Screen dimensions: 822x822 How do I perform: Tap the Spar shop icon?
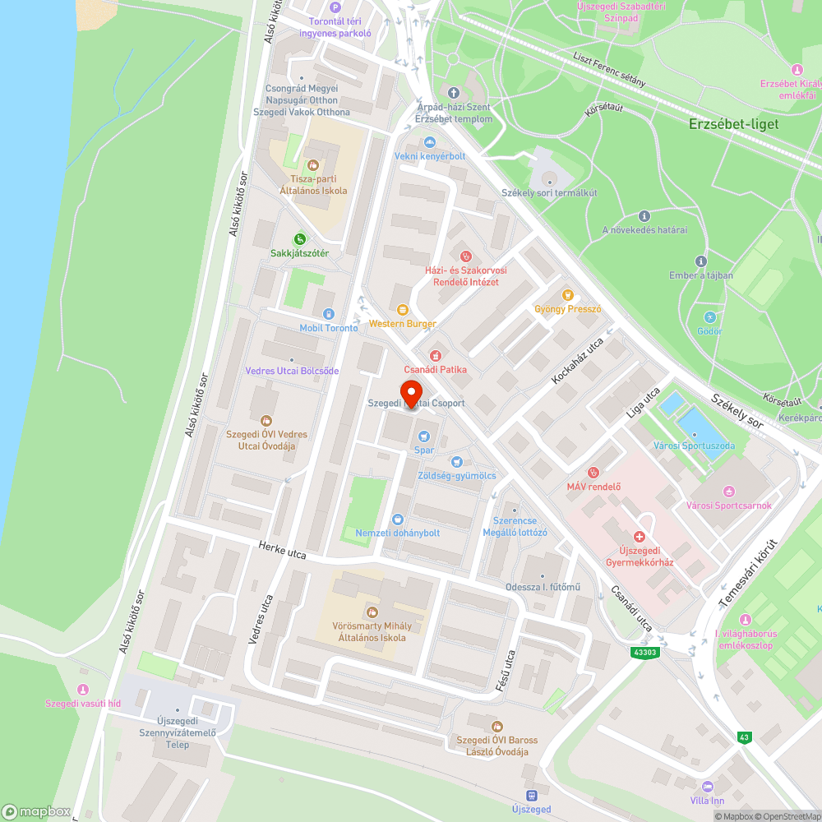[424, 436]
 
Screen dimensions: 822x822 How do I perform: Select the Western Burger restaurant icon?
[403, 309]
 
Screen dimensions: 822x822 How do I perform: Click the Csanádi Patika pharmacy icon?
[435, 355]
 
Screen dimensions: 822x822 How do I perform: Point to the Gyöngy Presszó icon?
[567, 295]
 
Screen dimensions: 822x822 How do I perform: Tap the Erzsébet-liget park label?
[733, 124]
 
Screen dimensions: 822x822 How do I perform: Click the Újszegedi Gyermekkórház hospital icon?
[640, 536]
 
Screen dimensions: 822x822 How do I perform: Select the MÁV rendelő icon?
[593, 472]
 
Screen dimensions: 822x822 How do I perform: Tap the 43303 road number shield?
[646, 652]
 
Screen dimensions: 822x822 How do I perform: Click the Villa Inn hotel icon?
[708, 786]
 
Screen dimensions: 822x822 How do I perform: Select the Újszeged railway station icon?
[531, 795]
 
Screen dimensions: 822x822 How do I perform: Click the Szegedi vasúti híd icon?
[82, 689]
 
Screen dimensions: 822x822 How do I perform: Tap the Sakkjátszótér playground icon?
[300, 239]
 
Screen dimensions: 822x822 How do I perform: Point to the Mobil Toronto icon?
[329, 314]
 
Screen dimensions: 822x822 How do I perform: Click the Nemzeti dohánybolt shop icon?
[398, 519]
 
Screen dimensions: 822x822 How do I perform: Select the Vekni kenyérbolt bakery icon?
[429, 142]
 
